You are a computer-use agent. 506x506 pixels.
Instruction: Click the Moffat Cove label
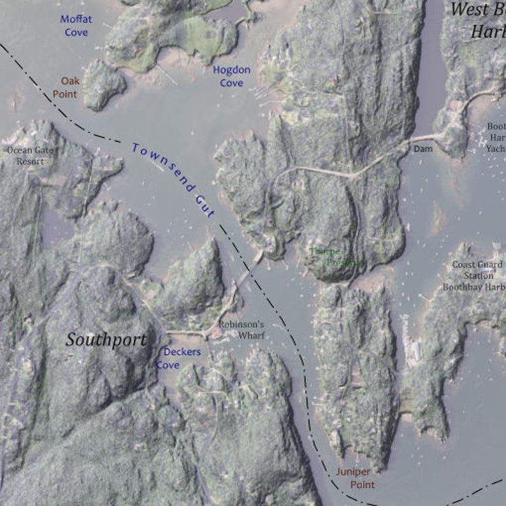pos(76,25)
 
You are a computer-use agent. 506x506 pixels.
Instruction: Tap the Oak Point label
pos(69,87)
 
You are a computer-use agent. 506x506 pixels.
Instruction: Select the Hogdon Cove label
pos(231,76)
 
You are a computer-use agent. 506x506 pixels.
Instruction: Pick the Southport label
pos(106,340)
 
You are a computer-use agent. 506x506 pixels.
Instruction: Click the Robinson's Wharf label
pos(241,329)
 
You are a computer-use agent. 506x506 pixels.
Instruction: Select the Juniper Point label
pos(355,478)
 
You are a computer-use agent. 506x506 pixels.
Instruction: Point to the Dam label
pos(423,148)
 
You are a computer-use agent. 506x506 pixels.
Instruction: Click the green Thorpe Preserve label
pos(335,256)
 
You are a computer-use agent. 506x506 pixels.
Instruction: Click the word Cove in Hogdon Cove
pos(231,83)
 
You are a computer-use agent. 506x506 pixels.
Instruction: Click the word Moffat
pos(76,18)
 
